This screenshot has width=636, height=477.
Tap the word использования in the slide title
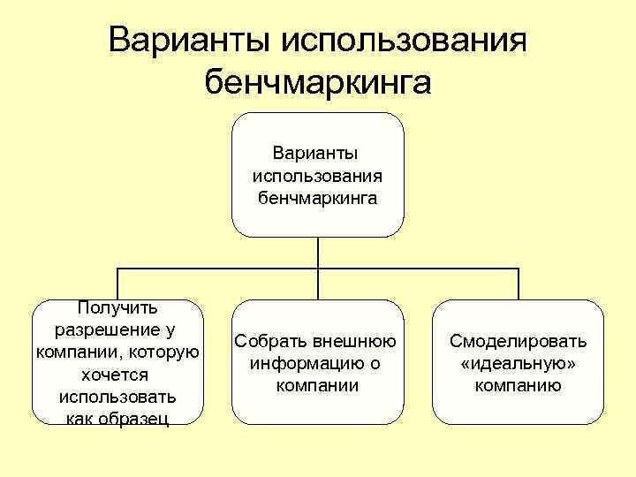(404, 41)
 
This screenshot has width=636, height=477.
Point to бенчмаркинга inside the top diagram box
(318, 197)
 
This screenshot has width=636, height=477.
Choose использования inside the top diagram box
(318, 175)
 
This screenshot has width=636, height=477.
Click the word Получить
(117, 308)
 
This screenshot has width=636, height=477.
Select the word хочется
(117, 374)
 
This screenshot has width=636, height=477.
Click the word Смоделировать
(518, 341)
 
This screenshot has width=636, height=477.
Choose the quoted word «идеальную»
(518, 363)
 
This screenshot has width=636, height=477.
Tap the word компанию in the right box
(518, 385)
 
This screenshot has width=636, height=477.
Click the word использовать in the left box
(117, 396)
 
